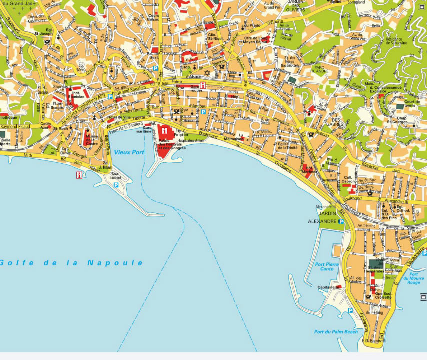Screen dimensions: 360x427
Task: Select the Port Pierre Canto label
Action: pos(327,266)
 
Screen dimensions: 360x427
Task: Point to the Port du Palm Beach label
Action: pos(336,332)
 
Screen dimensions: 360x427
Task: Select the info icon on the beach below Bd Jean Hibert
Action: pos(79,175)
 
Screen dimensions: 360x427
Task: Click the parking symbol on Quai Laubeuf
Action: pos(116,185)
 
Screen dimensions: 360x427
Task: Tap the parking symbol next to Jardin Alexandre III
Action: pos(341,221)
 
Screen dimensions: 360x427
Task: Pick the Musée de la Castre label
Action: pos(92,140)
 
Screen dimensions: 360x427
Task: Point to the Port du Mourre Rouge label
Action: pos(413,278)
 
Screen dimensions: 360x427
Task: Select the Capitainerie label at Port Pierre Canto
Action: pos(326,287)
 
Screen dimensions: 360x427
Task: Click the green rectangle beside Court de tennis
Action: pos(400,106)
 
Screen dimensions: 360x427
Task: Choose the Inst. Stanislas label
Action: pos(77,93)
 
